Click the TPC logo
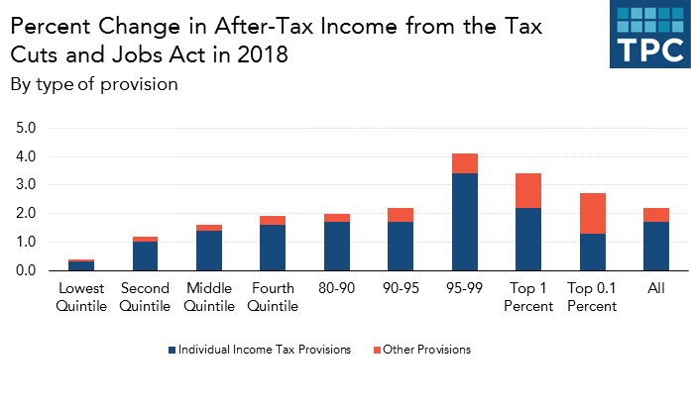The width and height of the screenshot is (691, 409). [x=648, y=35]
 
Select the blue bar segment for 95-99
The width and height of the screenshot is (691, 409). [x=464, y=221]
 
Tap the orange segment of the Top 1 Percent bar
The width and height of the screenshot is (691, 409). [x=527, y=190]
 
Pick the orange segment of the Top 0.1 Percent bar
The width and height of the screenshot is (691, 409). [x=592, y=214]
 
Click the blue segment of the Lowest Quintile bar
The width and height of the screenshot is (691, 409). [x=82, y=265]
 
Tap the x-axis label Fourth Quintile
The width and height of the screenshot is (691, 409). [x=273, y=296]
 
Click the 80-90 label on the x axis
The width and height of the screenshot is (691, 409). [x=336, y=288]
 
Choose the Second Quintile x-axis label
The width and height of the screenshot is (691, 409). [x=146, y=296]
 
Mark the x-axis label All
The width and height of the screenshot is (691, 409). [x=655, y=288]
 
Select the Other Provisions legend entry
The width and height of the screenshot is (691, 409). [x=424, y=350]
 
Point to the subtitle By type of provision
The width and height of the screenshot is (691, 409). [x=94, y=84]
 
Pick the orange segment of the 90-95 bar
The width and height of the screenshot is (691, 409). [x=401, y=214]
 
